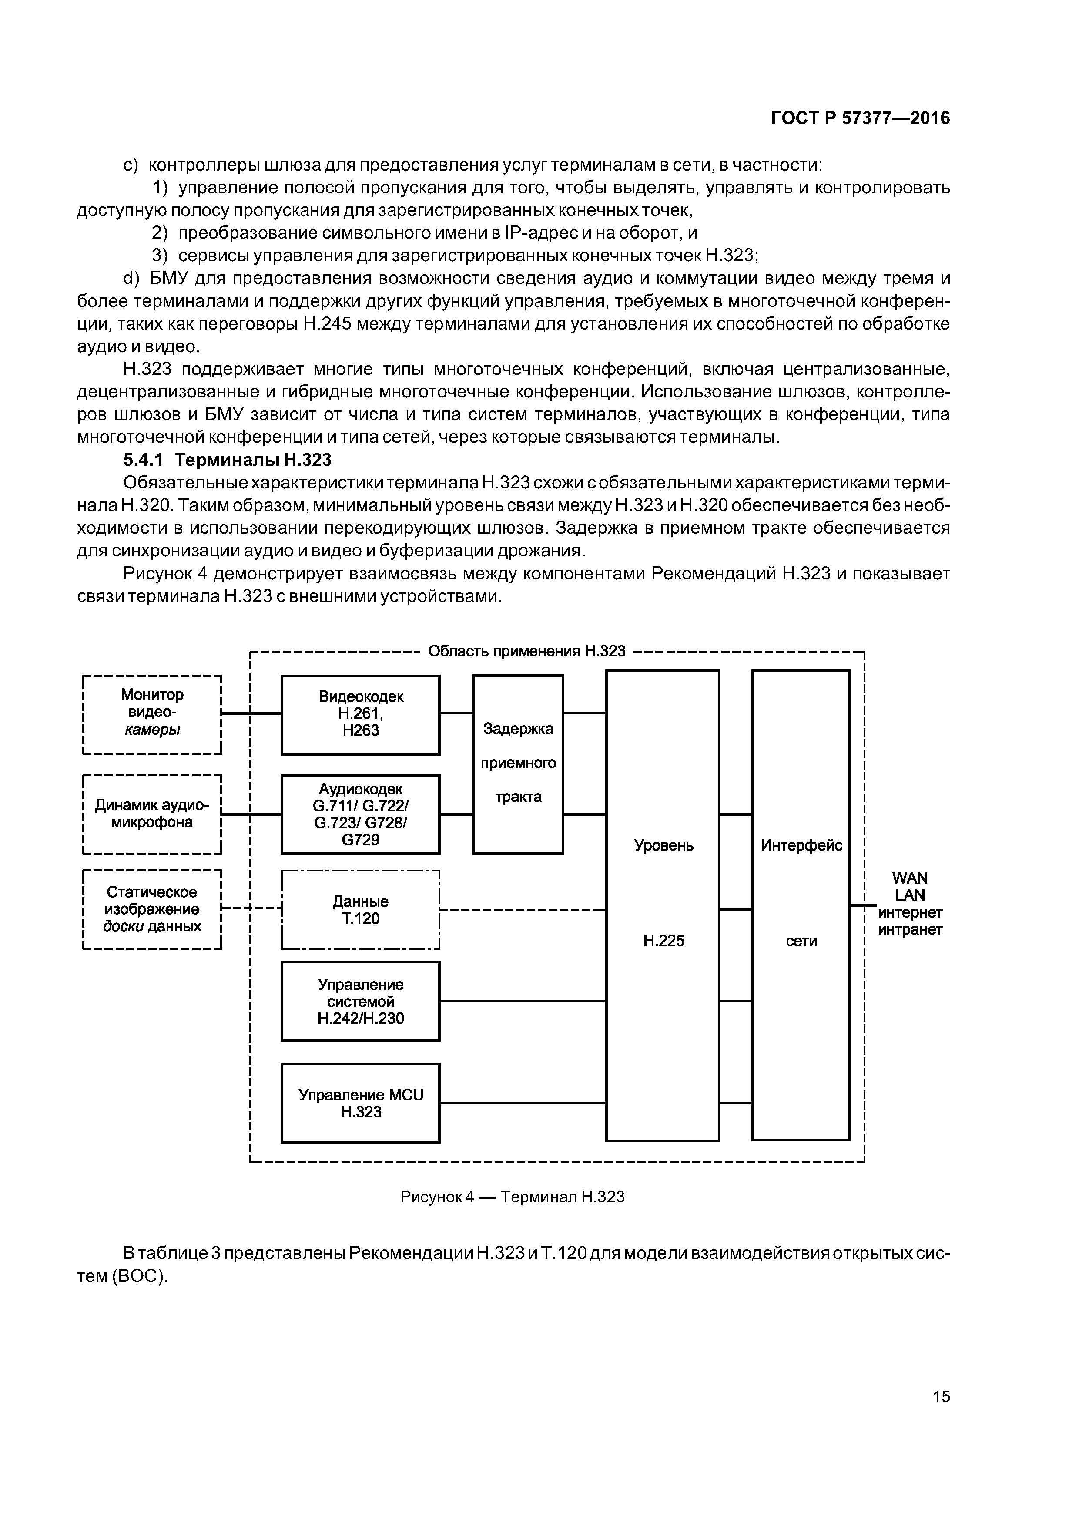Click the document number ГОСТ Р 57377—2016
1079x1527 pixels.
pos(860,118)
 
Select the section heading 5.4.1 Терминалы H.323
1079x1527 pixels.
pos(228,460)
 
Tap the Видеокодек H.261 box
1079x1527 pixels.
pos(360,714)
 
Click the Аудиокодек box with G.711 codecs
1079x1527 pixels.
pos(360,814)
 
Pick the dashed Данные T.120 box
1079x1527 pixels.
pos(360,910)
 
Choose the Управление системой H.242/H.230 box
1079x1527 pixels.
pos(360,1001)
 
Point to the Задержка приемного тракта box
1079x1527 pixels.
pos(518,763)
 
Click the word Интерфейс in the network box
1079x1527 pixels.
pos(801,845)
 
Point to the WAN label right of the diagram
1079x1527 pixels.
pos(909,878)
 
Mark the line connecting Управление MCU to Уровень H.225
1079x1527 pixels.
pos(523,1103)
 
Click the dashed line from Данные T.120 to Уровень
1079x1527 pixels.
pos(523,909)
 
